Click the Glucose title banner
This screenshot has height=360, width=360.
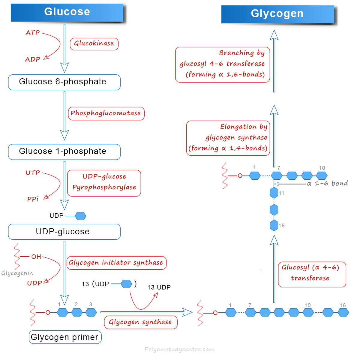click(x=67, y=12)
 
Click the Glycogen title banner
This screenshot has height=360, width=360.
click(x=277, y=14)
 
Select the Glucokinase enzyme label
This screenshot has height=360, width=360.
click(x=94, y=44)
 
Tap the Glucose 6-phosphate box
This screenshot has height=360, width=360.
click(x=64, y=82)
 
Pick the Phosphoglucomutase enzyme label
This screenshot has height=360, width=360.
click(x=106, y=113)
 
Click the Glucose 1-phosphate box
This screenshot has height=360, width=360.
click(x=64, y=152)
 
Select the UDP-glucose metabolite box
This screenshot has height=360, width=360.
click(x=64, y=232)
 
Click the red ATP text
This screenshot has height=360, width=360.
click(x=33, y=33)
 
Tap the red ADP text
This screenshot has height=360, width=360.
click(x=33, y=59)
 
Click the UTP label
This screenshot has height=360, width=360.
click(x=33, y=173)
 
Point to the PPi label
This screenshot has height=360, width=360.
click(x=33, y=199)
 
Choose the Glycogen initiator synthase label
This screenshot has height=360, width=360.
click(x=116, y=263)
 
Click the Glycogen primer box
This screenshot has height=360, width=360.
click(x=65, y=337)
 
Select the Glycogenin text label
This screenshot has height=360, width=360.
click(x=17, y=273)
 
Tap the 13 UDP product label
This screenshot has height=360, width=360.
click(x=159, y=287)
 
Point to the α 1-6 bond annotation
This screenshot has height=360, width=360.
click(x=328, y=183)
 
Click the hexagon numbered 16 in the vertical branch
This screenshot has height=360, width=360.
click(x=274, y=226)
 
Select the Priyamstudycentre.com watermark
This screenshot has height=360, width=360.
click(x=179, y=349)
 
